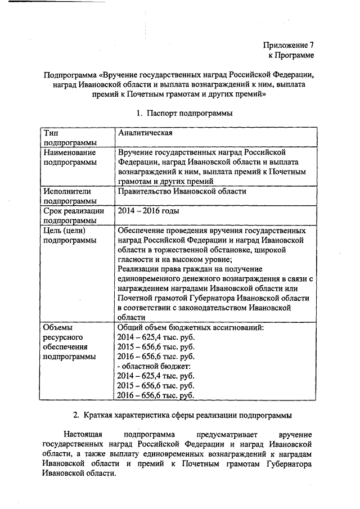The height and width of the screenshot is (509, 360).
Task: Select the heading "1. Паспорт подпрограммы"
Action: (184, 113)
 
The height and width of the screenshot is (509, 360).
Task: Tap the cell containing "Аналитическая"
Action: (145, 133)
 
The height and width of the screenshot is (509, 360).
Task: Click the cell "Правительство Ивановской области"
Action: (182, 191)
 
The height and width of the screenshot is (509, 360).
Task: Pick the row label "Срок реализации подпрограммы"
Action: (73, 215)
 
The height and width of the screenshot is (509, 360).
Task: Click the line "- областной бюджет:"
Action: (151, 366)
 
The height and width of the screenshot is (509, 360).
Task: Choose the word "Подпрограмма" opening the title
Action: (69, 75)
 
